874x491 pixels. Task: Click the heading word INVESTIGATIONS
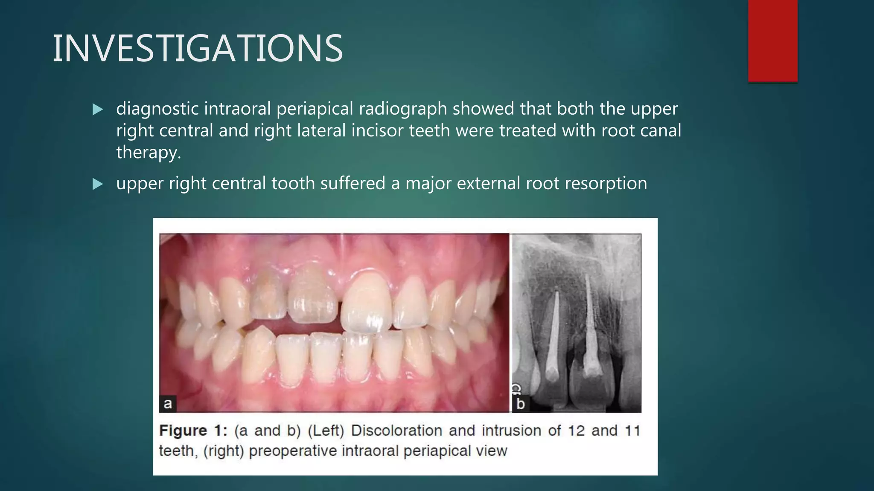(197, 49)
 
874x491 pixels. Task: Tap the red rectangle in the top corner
(772, 40)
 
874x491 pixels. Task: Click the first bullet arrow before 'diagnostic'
(98, 110)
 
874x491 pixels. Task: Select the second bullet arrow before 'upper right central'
(98, 184)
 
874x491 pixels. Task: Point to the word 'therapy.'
(149, 152)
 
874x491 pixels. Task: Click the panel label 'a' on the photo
(168, 403)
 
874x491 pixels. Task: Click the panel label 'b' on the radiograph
(520, 403)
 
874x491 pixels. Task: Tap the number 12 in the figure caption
(576, 430)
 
